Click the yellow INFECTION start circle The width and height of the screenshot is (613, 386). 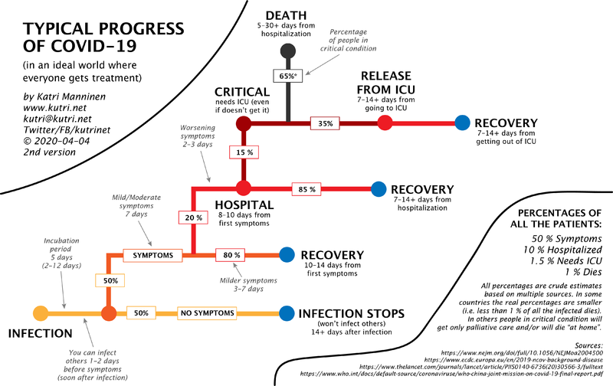coord(41,313)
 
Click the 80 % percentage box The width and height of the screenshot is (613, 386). coord(232,254)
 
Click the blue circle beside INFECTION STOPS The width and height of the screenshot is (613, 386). coord(287,313)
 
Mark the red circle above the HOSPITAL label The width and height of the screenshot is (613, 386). coord(244,188)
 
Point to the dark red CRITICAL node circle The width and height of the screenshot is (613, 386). coord(244,122)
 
